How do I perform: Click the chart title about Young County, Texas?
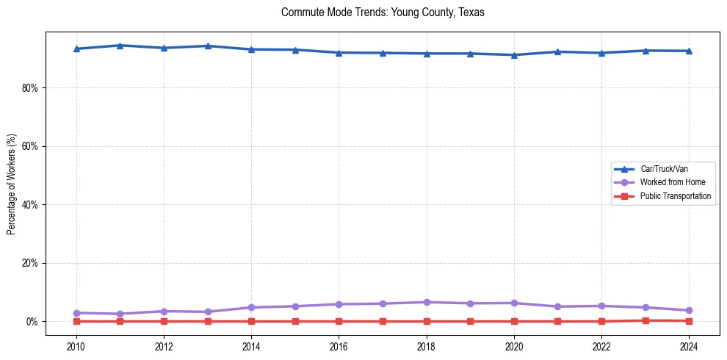(x=383, y=12)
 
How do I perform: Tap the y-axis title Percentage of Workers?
(x=12, y=184)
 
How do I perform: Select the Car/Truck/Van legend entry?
(x=664, y=169)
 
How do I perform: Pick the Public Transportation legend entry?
(x=675, y=196)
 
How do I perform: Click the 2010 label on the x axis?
(x=76, y=347)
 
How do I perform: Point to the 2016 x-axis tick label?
(x=339, y=347)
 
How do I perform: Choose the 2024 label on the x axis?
(x=689, y=347)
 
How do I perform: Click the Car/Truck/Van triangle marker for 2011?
(x=120, y=46)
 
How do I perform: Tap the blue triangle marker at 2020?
(x=514, y=55)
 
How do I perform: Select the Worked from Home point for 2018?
(x=427, y=302)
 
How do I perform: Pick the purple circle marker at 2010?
(x=76, y=313)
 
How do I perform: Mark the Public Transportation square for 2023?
(x=645, y=320)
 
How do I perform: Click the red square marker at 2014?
(x=251, y=321)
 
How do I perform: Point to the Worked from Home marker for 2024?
(x=689, y=310)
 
